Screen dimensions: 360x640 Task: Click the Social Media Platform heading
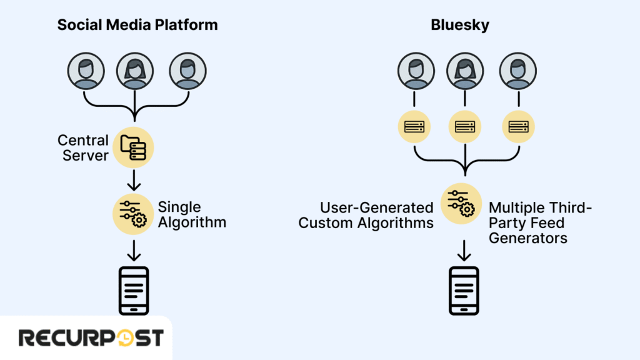137,25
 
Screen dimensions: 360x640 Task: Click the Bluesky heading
463,25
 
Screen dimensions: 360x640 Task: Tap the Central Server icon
133,147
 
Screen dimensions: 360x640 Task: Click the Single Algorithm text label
191,214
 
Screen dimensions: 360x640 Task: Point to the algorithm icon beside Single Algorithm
133,213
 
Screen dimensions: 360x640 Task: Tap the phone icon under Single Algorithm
133,291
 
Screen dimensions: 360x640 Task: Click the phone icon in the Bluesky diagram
463,291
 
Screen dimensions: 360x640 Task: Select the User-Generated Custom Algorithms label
366,215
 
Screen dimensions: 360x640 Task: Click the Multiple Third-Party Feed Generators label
539,222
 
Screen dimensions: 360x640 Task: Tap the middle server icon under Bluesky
464,127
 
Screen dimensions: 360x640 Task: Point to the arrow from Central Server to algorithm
133,181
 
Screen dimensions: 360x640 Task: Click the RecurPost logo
91,338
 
